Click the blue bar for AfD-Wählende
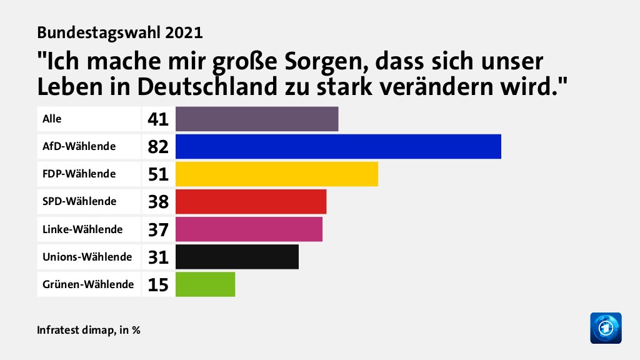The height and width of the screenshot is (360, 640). click(x=338, y=146)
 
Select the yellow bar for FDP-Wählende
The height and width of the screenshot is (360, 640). click(x=277, y=174)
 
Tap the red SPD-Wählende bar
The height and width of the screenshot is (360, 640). click(x=251, y=201)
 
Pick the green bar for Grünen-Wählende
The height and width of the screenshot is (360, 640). click(x=205, y=284)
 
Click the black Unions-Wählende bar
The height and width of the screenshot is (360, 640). click(x=237, y=256)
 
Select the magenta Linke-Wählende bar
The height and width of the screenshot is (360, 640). click(x=249, y=229)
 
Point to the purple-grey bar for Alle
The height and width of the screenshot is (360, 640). click(x=257, y=119)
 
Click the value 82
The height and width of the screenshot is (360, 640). click(x=159, y=147)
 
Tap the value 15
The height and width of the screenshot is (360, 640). click(x=159, y=284)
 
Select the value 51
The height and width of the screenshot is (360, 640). click(x=159, y=174)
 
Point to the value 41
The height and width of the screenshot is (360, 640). click(x=159, y=119)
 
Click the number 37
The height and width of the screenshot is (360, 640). click(x=159, y=229)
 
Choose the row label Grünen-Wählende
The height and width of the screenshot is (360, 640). click(x=88, y=284)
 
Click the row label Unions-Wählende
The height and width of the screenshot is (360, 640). click(x=87, y=257)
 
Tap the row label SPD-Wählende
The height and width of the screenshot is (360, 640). click(x=79, y=201)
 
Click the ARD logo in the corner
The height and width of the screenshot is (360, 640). click(x=606, y=327)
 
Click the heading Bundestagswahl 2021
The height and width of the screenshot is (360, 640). click(x=120, y=31)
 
